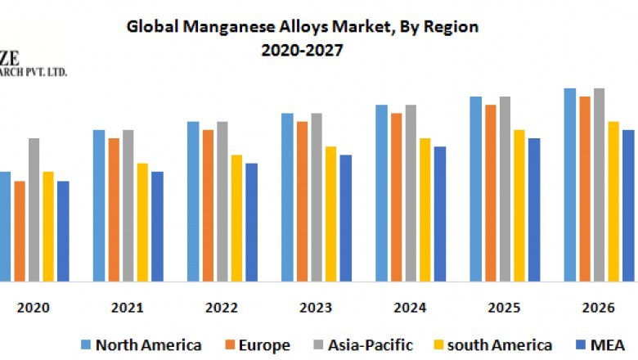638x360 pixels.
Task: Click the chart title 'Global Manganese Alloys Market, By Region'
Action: point(302,27)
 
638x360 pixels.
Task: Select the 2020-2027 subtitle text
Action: point(302,49)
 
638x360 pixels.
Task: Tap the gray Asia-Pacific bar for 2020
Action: point(34,209)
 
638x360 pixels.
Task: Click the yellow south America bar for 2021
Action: point(142,222)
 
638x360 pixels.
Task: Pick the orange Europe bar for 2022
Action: point(209,205)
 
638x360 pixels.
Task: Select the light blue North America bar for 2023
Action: point(288,197)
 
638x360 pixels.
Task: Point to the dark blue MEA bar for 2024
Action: point(439,214)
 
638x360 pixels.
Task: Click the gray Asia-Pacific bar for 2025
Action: point(505,189)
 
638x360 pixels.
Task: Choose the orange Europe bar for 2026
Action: point(585,189)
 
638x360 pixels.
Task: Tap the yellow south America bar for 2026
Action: point(613,201)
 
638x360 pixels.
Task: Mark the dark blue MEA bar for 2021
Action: point(157,226)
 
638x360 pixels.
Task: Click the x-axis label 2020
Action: point(34,308)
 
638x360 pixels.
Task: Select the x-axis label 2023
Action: point(316,308)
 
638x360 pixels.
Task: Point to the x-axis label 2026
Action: point(598,308)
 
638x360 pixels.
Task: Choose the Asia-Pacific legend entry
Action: point(362,344)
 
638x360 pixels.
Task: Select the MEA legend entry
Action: point(602,344)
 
